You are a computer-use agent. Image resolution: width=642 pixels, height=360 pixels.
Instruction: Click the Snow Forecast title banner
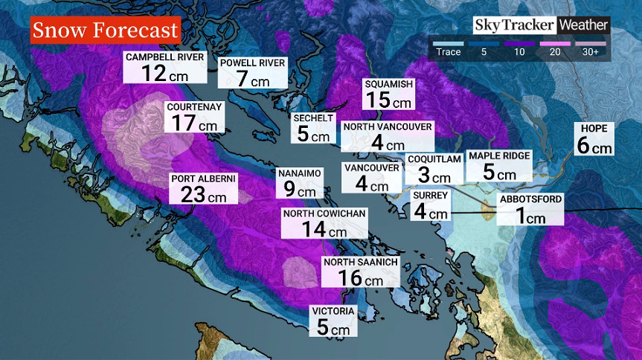coord(106,30)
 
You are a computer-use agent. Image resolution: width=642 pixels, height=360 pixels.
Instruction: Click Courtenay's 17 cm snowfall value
coord(191,122)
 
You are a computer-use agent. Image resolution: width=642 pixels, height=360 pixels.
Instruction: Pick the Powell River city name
coord(252,63)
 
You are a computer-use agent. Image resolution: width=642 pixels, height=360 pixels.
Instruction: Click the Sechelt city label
coord(313,118)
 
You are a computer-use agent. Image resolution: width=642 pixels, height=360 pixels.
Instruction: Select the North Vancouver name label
coord(387,127)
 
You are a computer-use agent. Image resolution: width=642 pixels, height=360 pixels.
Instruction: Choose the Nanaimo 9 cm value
coord(299,189)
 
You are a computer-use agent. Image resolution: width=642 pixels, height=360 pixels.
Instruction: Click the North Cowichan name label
coord(324,214)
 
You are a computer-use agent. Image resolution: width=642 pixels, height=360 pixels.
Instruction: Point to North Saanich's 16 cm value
coord(360,277)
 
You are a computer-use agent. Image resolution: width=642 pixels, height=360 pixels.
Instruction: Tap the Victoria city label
coord(333,311)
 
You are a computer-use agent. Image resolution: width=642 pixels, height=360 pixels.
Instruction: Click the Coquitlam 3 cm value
coord(433,176)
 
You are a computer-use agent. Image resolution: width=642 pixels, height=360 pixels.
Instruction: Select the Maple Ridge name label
coord(499,155)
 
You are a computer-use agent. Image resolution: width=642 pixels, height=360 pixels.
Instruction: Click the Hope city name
coord(594,129)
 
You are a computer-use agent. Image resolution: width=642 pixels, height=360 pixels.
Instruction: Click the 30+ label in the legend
coord(592,52)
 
